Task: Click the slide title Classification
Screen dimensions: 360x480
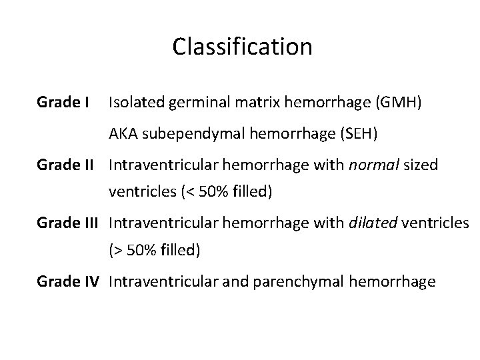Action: tap(242, 46)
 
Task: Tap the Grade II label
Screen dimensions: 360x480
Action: tap(67, 165)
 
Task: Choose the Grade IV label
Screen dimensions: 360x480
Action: tap(69, 282)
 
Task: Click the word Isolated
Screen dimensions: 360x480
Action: tap(132, 103)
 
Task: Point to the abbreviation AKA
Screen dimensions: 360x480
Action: tap(123, 134)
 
